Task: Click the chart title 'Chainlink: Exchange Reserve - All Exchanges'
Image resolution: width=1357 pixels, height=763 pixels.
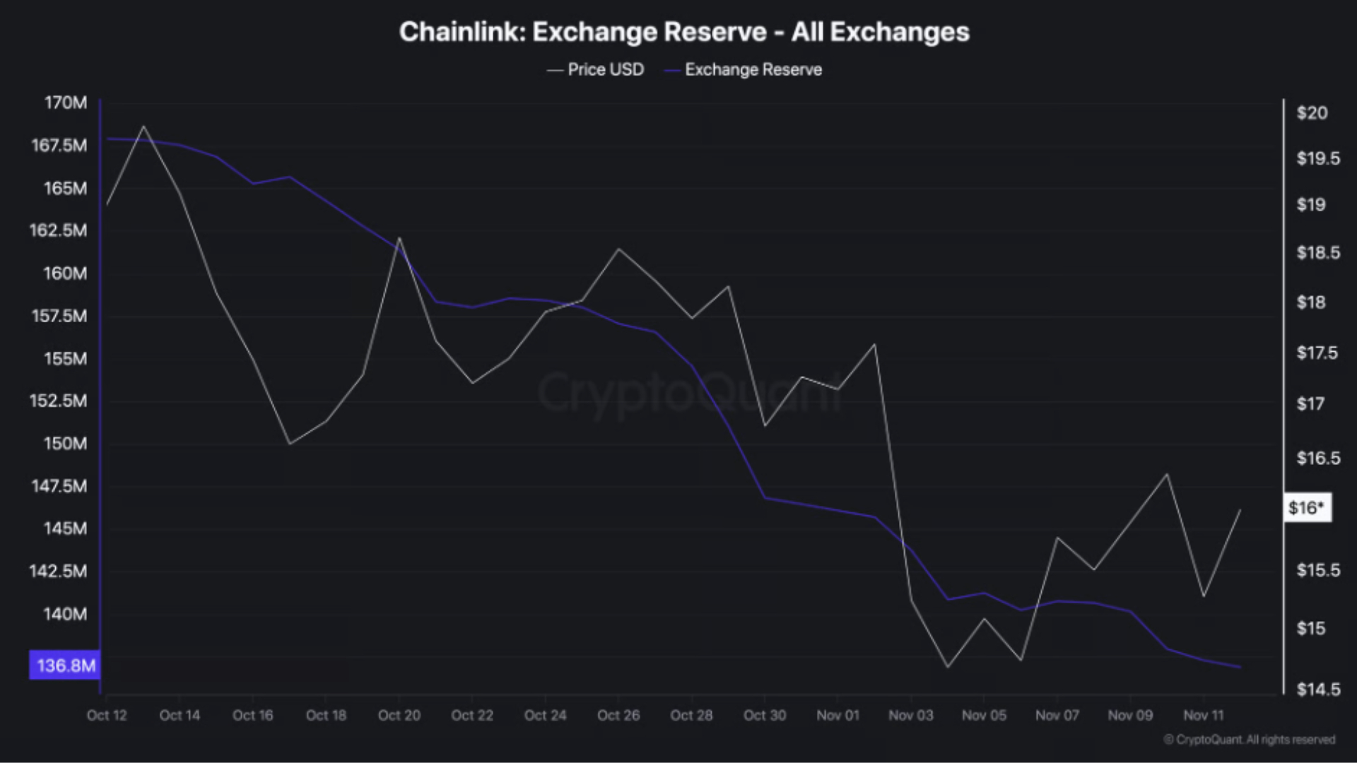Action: click(x=684, y=32)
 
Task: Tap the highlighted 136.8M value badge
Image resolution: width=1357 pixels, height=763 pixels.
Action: click(x=65, y=666)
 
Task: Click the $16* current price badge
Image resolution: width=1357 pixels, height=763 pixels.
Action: click(x=1307, y=507)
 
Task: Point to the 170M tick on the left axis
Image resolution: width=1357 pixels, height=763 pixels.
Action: click(x=66, y=102)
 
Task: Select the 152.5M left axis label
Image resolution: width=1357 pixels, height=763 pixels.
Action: click(x=58, y=401)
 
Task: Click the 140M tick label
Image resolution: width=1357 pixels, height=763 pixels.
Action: click(x=65, y=614)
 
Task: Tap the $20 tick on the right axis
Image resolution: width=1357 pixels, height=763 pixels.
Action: click(x=1312, y=113)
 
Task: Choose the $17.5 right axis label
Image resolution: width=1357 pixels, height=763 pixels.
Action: click(x=1317, y=353)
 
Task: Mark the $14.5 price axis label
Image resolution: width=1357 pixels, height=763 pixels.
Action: click(x=1318, y=689)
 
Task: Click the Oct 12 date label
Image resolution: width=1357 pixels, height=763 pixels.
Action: click(x=107, y=715)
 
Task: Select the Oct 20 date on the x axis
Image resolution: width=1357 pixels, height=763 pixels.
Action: click(x=399, y=715)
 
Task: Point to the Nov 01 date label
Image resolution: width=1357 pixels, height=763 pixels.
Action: click(x=838, y=715)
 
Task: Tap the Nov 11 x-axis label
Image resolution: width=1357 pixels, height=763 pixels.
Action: click(x=1203, y=715)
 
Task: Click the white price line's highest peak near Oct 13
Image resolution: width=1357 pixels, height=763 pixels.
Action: click(x=144, y=126)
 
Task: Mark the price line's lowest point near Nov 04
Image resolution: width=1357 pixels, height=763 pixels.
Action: click(x=948, y=667)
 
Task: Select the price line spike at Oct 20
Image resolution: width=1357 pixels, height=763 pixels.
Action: click(x=399, y=238)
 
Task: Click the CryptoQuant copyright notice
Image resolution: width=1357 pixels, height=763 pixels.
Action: click(x=1249, y=739)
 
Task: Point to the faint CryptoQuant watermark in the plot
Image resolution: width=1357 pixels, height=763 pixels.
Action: click(x=689, y=393)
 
